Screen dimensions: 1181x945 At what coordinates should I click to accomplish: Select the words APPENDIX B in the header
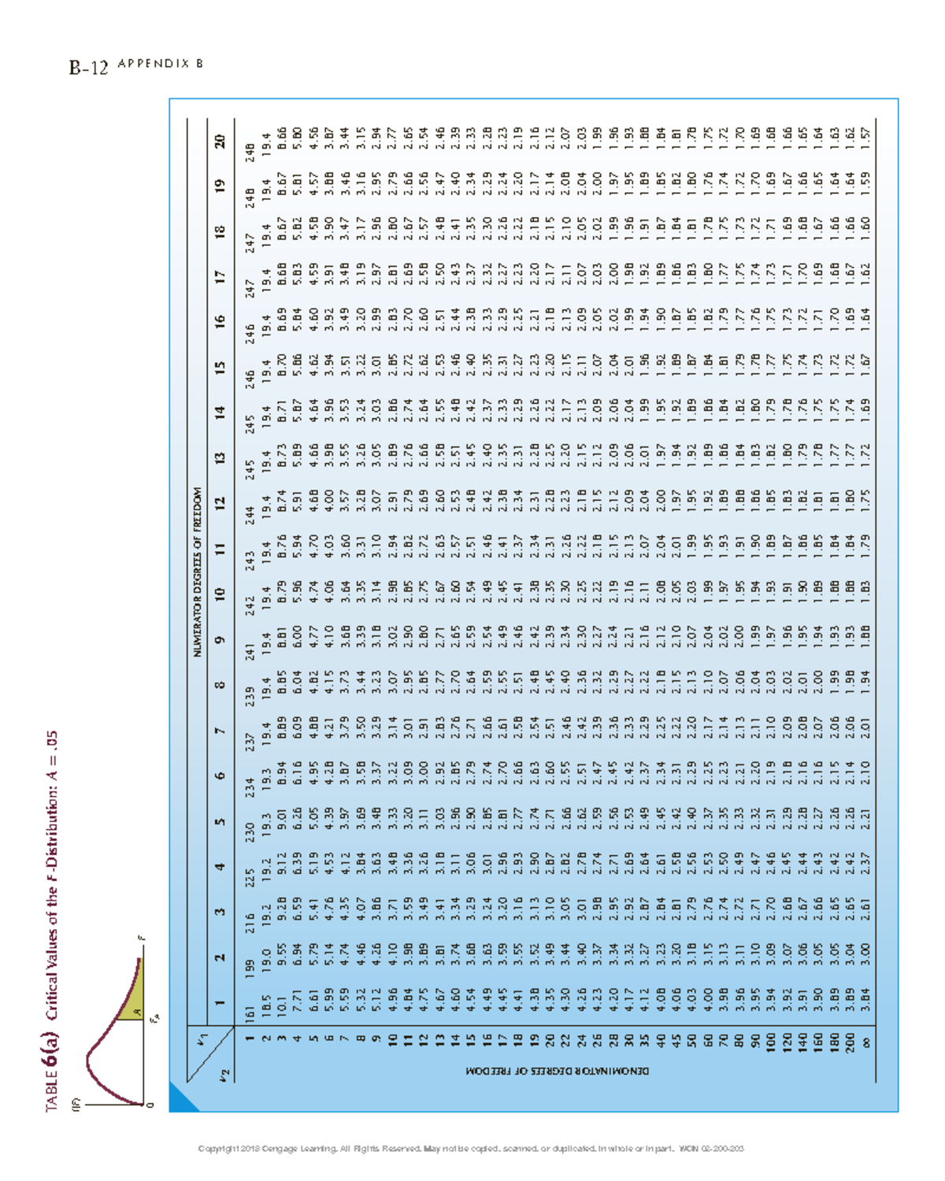click(160, 64)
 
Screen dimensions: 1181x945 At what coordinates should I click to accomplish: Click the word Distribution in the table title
click(52, 827)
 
